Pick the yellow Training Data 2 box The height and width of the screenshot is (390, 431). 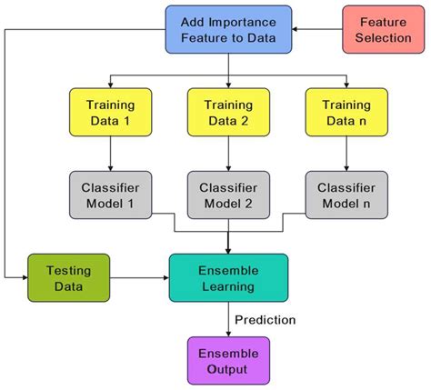tap(227, 111)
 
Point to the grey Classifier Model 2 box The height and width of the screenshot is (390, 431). tap(227, 195)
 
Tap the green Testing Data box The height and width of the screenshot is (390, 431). tap(68, 277)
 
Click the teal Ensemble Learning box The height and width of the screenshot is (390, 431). tap(227, 277)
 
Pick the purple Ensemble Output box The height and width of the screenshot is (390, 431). tap(227, 360)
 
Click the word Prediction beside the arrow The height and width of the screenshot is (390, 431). tap(265, 319)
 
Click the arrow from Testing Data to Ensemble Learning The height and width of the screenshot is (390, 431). tap(139, 277)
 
